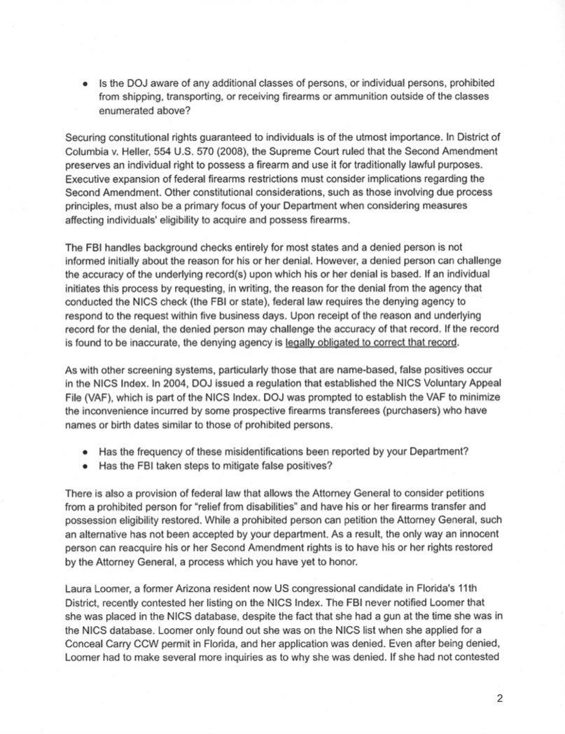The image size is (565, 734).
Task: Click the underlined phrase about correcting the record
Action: coord(372,343)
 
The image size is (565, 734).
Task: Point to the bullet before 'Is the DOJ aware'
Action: coord(85,84)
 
